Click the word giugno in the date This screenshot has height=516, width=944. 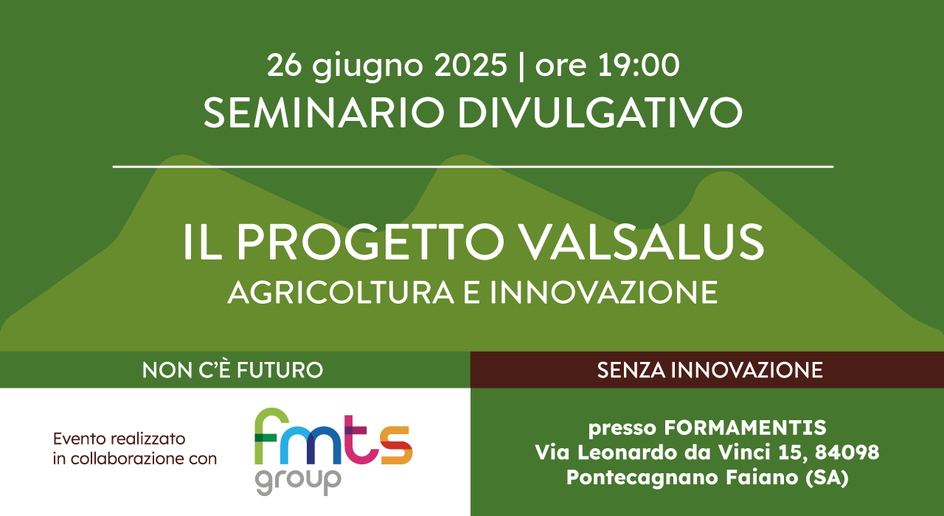coord(367,66)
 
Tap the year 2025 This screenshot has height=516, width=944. coord(471,65)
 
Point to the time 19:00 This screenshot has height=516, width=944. coord(638,65)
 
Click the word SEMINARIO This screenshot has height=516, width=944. coord(324,113)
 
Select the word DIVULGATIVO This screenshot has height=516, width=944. coord(600,113)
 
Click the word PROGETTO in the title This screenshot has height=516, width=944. coord(370,243)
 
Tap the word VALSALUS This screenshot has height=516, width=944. coord(641,243)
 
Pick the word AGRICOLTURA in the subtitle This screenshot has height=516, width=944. coord(341,293)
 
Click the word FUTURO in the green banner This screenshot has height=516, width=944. coord(280,370)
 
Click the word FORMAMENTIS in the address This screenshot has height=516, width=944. coord(745,428)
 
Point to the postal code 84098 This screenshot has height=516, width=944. coord(847,453)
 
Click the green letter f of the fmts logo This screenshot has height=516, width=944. coord(271,436)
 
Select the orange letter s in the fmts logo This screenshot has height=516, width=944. coord(396,445)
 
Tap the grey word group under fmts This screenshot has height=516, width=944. coord(298,481)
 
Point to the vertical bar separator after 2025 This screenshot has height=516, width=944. coord(521,66)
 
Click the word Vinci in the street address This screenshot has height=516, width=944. coord(745,453)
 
